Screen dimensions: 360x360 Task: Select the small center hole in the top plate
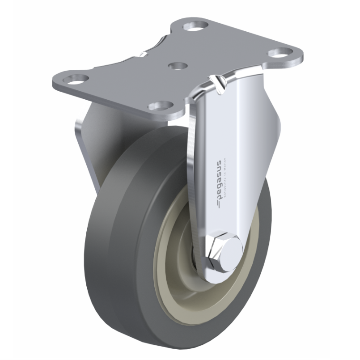click(176, 65)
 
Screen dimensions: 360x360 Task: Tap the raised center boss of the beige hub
click(199, 264)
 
